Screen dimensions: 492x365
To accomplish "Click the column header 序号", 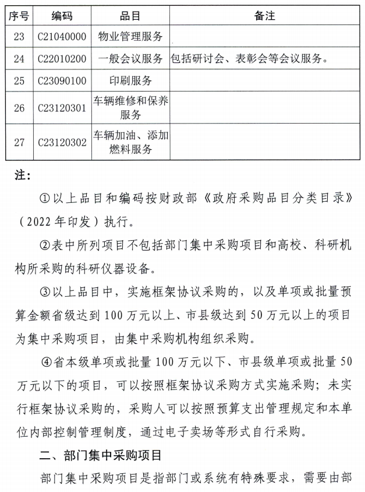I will click(x=19, y=16).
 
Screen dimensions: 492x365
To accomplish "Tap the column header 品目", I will click(x=130, y=16).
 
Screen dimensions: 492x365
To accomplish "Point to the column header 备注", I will click(x=264, y=16).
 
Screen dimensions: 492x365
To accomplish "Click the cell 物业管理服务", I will click(x=130, y=37).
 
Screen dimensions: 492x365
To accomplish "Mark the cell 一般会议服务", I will click(x=130, y=58).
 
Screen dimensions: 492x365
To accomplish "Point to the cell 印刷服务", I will click(x=130, y=80).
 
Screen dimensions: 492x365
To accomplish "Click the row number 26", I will click(x=19, y=108).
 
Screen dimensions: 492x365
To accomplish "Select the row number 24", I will click(x=19, y=58).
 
